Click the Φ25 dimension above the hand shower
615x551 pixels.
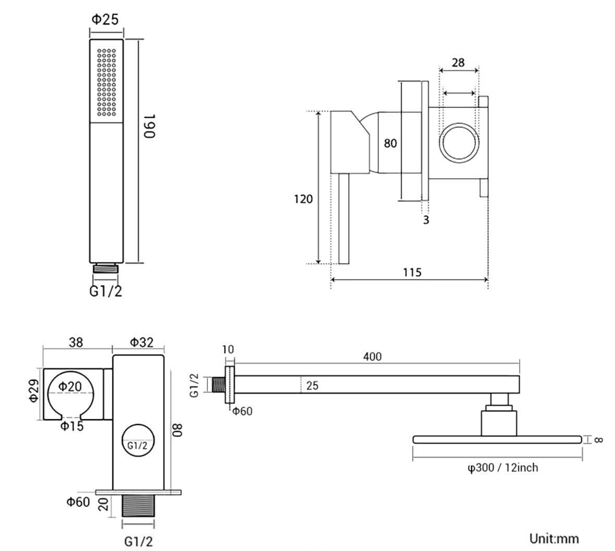[105, 19]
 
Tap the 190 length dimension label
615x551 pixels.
[150, 126]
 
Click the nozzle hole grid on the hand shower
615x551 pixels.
[106, 82]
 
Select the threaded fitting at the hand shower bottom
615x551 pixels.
[107, 269]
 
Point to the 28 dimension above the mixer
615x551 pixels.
[458, 63]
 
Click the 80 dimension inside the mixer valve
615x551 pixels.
[390, 143]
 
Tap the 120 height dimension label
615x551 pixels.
[303, 198]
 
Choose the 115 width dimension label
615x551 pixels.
[412, 272]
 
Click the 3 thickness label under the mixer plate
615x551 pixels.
[426, 220]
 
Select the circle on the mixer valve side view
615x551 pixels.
[459, 141]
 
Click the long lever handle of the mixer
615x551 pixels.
[343, 219]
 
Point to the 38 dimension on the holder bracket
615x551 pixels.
[76, 342]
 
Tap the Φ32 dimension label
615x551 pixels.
[142, 342]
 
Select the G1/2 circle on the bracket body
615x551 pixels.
[138, 441]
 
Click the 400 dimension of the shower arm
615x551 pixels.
[372, 357]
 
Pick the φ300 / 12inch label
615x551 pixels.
[502, 468]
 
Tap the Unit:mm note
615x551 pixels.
[554, 538]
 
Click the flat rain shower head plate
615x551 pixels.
[497, 440]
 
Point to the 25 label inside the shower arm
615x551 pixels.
[313, 386]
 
